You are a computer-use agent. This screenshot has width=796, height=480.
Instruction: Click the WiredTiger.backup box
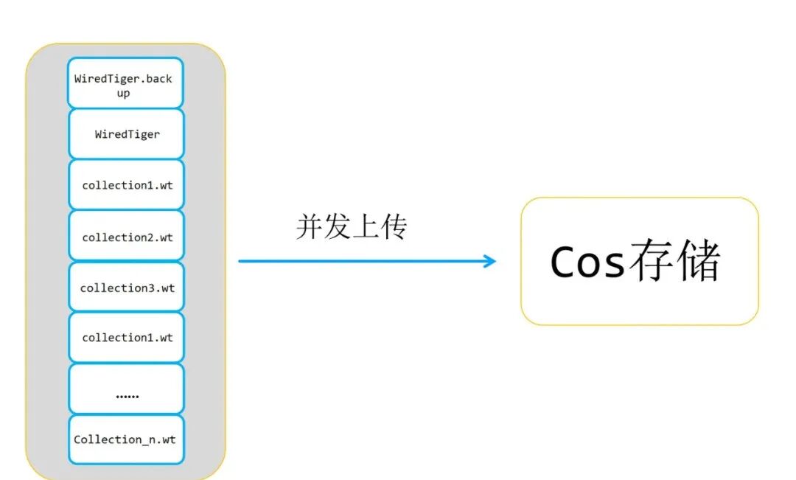[x=126, y=83]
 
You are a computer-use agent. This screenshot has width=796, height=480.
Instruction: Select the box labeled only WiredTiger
[x=126, y=134]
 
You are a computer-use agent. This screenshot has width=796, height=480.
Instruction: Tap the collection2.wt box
[x=126, y=237]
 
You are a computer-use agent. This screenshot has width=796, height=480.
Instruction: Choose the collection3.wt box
[x=126, y=288]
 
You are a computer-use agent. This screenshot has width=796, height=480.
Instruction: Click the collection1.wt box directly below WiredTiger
[x=126, y=185]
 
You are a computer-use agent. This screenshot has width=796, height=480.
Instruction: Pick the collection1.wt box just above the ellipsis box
[x=126, y=338]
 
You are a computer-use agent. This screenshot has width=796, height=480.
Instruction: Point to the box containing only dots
[x=126, y=389]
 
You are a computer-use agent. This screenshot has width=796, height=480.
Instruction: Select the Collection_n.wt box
[x=126, y=439]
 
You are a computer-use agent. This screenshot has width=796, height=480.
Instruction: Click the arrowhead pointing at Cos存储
[x=489, y=260]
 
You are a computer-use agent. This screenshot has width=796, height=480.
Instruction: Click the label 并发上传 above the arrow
[x=352, y=227]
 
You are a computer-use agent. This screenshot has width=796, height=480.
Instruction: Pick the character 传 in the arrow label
[x=394, y=227]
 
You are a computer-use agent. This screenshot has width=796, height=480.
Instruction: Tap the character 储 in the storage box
[x=697, y=260]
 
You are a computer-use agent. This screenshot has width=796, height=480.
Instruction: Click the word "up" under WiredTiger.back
[x=123, y=94]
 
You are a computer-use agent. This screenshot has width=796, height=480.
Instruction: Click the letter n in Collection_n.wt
[x=147, y=440]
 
